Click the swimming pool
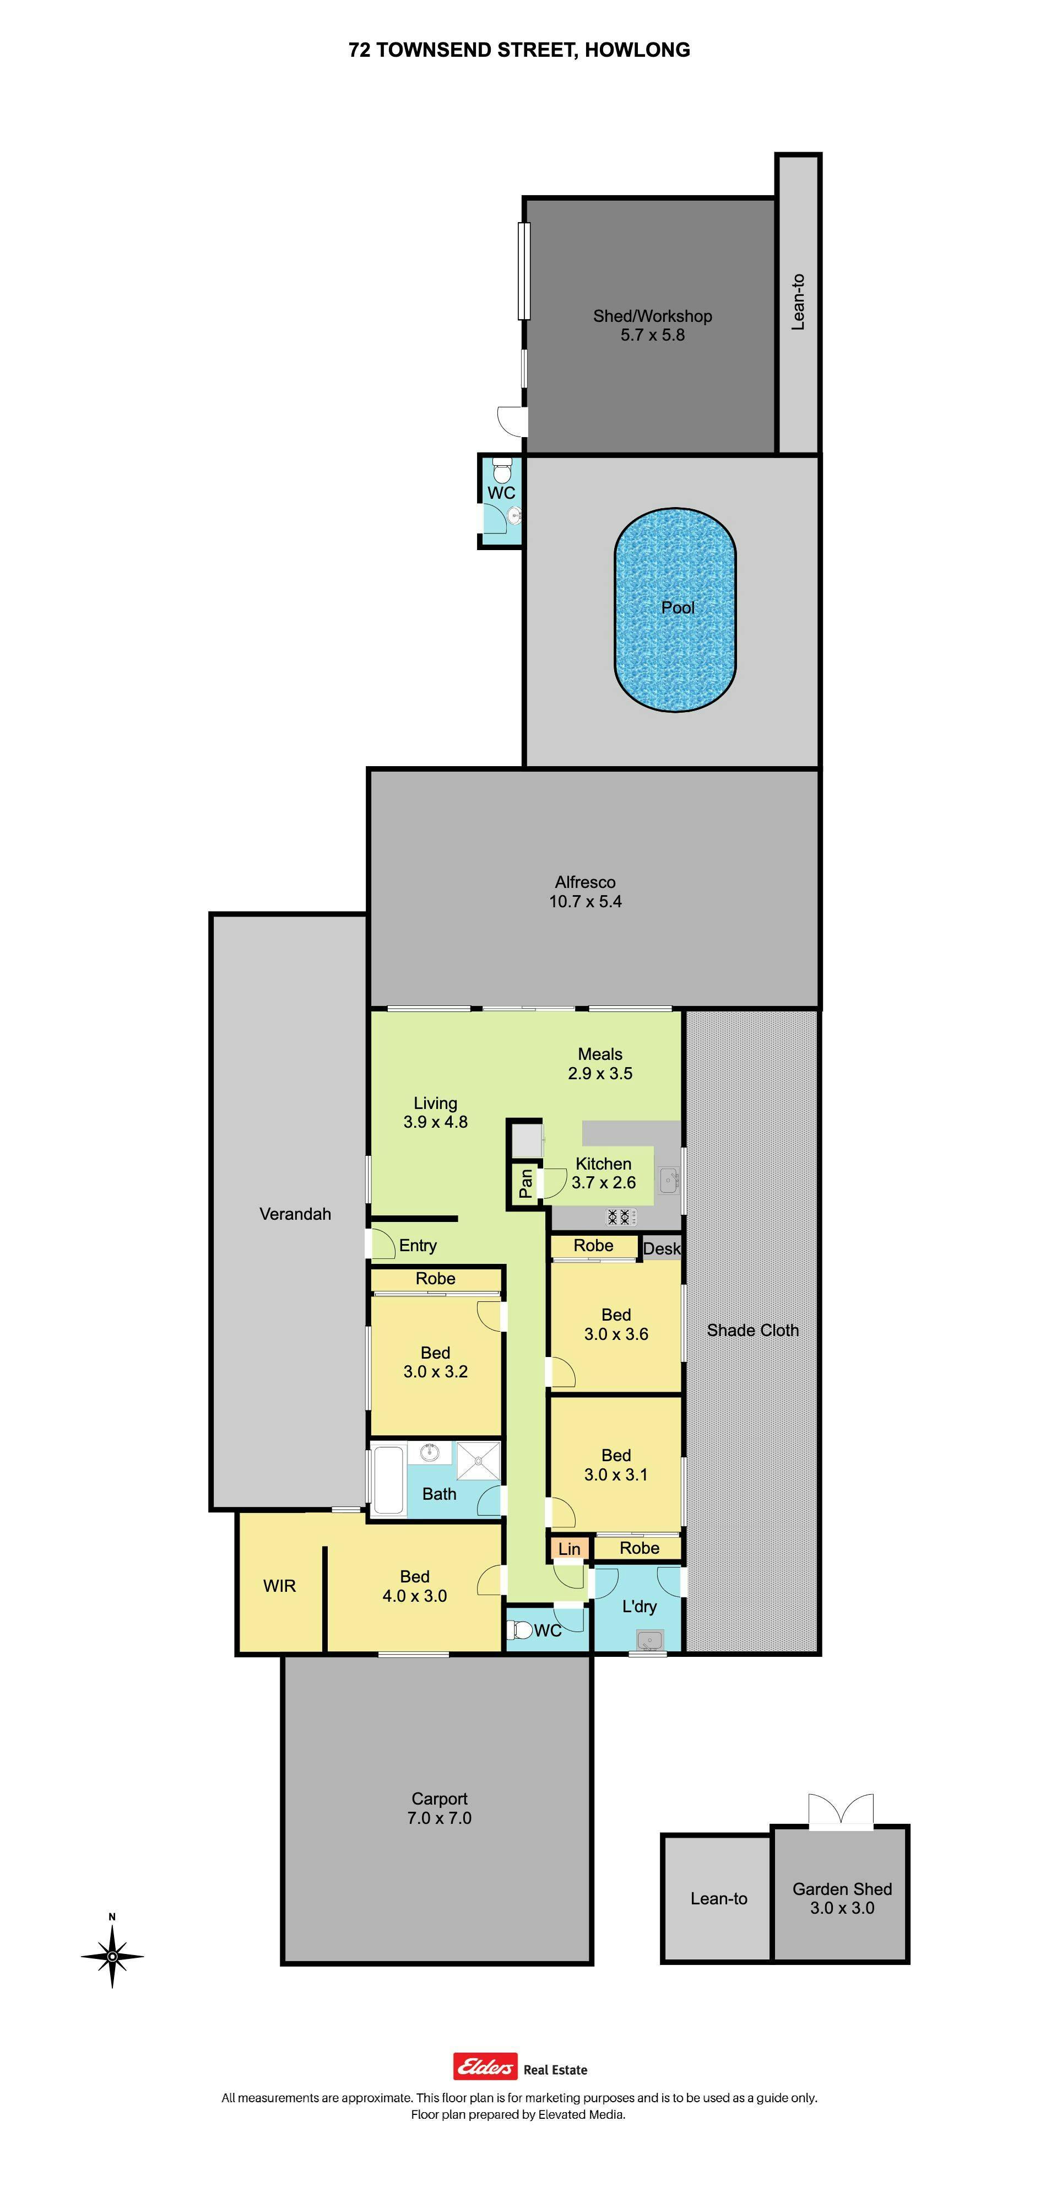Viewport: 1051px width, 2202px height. pyautogui.click(x=675, y=610)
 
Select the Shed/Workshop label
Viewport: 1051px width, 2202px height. pyautogui.click(x=652, y=316)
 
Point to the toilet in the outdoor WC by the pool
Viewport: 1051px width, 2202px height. pyautogui.click(x=502, y=469)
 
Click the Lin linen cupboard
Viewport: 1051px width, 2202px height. pyautogui.click(x=569, y=1548)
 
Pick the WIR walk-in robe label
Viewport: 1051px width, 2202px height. pyautogui.click(x=279, y=1586)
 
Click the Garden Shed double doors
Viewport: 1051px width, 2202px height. pyautogui.click(x=842, y=1809)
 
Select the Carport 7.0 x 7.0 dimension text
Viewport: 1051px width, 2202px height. pyautogui.click(x=439, y=1818)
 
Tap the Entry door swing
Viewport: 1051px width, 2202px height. pyautogui.click(x=383, y=1243)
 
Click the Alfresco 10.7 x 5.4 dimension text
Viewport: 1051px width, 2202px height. pyautogui.click(x=586, y=901)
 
